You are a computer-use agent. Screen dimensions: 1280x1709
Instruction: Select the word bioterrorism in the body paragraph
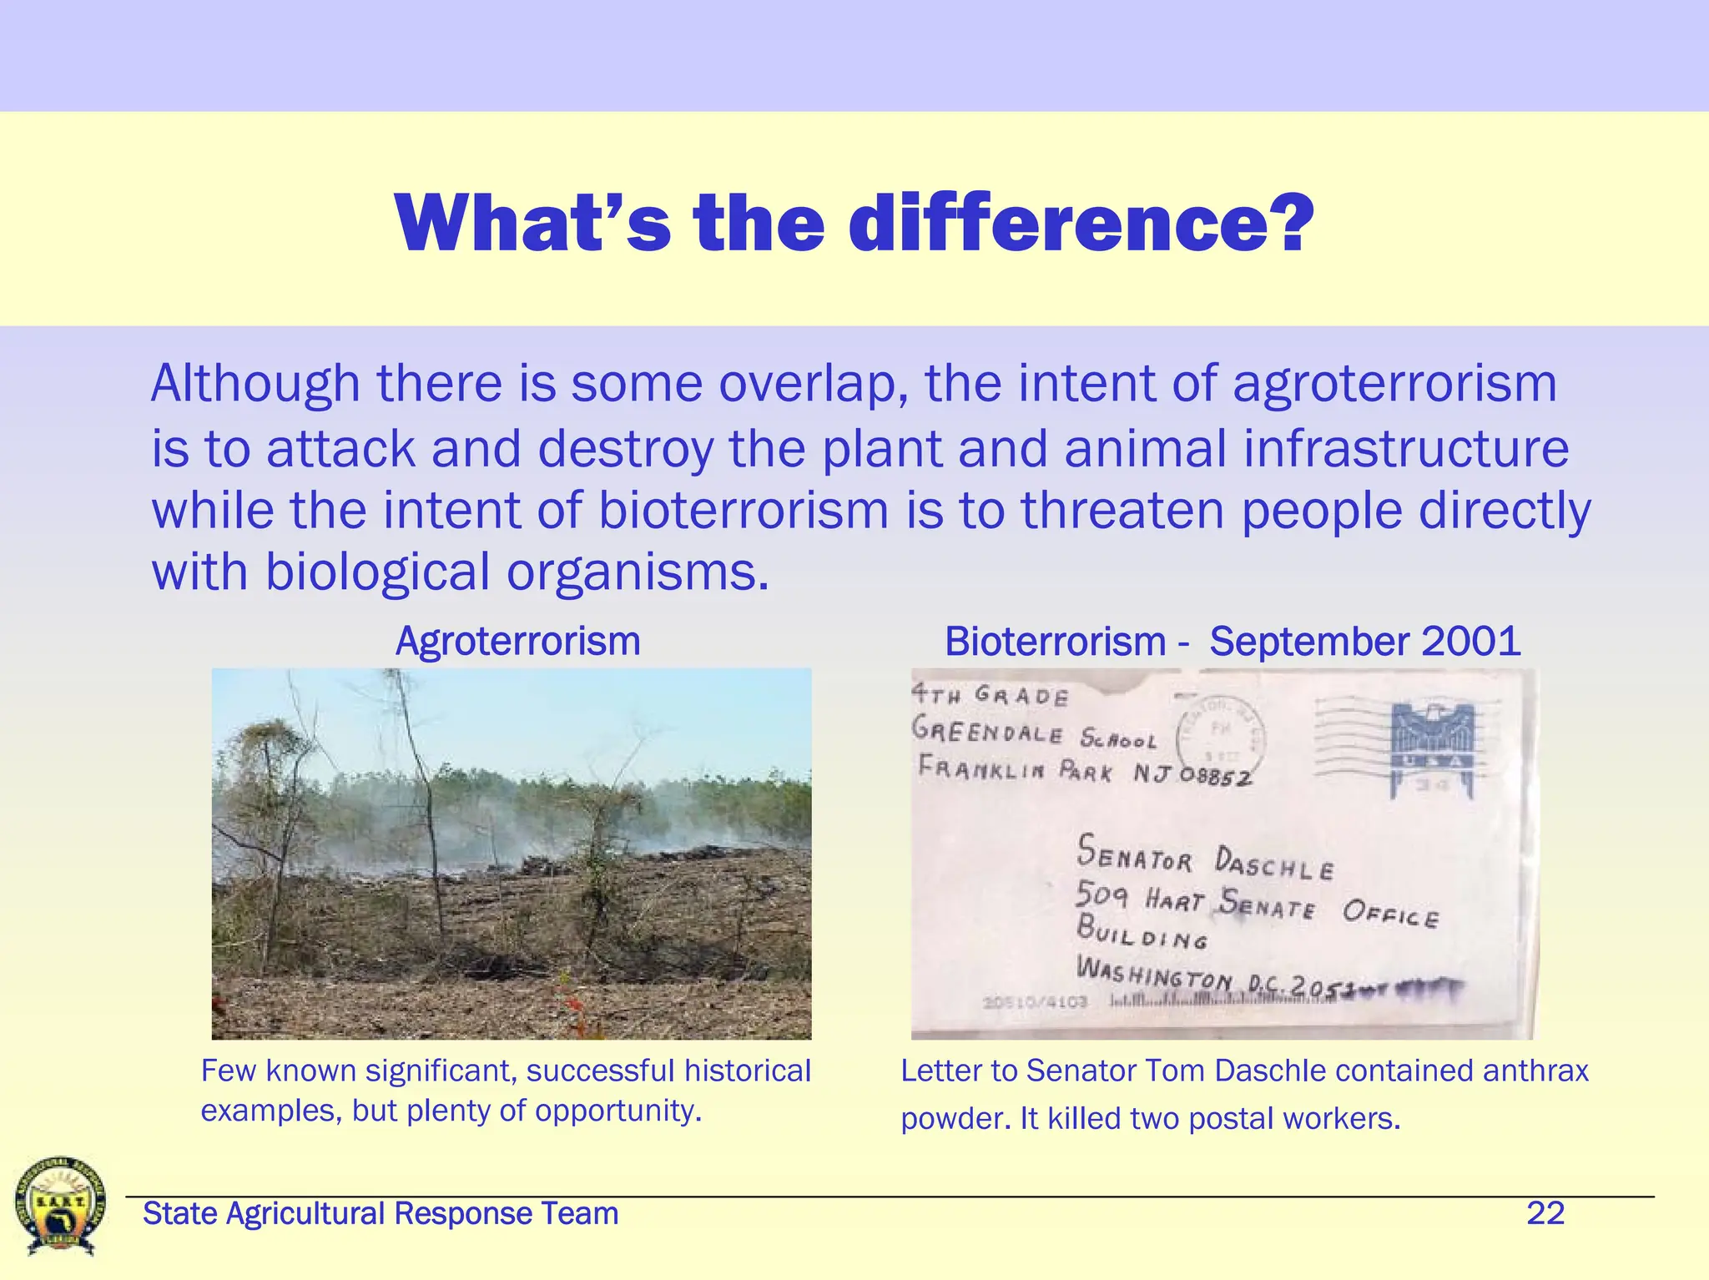(x=744, y=510)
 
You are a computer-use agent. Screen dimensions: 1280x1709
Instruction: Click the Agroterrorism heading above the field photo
(x=517, y=642)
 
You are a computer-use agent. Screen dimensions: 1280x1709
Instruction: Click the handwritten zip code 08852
(x=1215, y=777)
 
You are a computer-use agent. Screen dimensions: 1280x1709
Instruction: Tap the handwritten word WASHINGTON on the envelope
(x=1154, y=975)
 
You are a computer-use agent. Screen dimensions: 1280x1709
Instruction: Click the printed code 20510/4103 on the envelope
(x=1035, y=1001)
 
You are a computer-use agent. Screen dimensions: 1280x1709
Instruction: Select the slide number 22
(x=1545, y=1213)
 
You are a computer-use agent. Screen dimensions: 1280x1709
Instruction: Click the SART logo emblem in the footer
(x=61, y=1205)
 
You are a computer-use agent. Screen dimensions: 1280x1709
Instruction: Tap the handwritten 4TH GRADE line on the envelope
(x=990, y=695)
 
